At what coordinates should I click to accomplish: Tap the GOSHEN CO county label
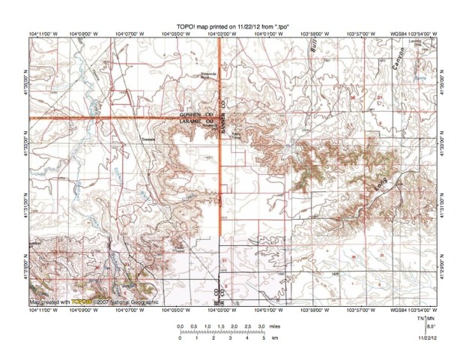[x=196, y=114]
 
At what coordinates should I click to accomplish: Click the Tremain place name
[x=148, y=140]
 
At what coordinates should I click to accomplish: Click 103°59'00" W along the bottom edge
[x=312, y=309]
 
